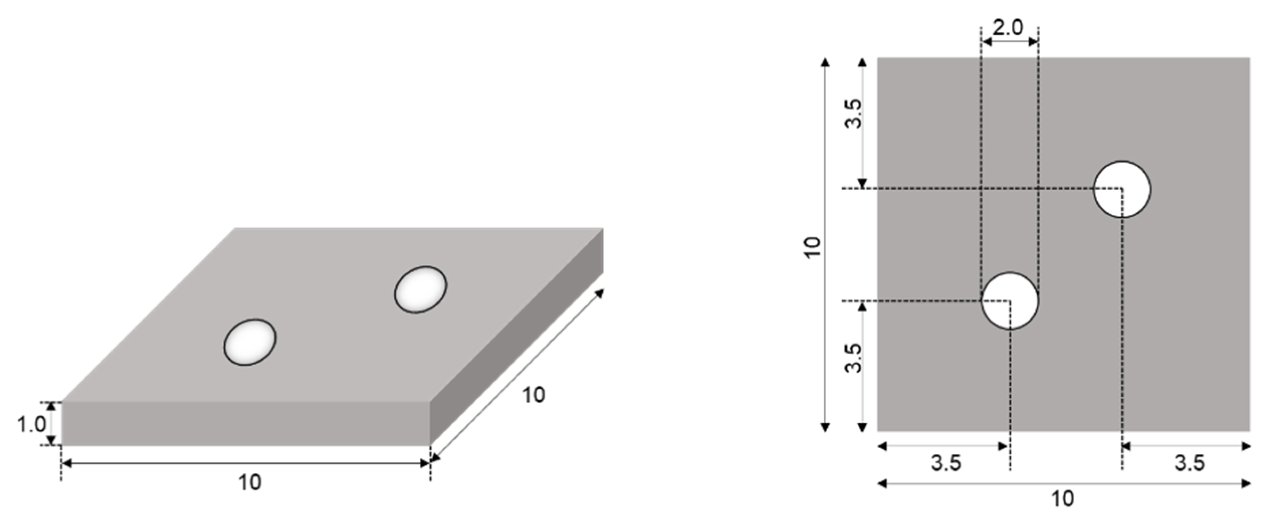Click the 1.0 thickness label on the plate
pos(31,425)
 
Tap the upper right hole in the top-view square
pos(1122,189)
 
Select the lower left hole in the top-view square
pos(1010,301)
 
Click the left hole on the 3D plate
pos(250,342)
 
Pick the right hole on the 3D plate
pos(420,289)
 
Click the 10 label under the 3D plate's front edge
pos(249,482)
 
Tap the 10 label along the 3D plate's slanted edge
pos(533,395)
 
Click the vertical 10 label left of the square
pos(812,248)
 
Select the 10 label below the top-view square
pos(1062,499)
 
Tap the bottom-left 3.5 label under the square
pos(946,463)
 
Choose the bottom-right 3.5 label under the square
pos(1189,463)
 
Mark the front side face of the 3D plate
pos(246,423)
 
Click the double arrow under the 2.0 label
pos(1009,42)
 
